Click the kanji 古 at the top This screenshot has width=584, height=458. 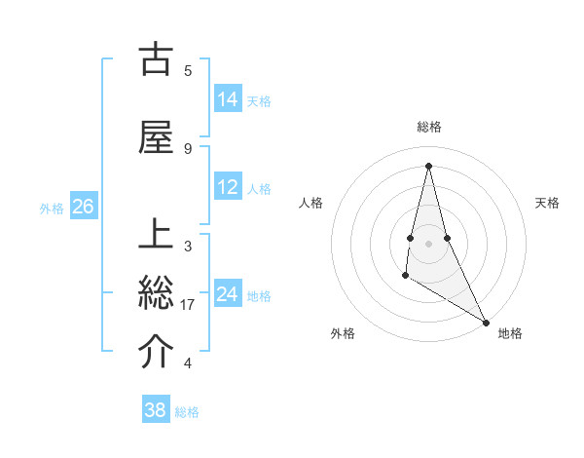[156, 59]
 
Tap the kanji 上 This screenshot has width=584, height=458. [156, 236]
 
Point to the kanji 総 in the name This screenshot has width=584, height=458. [156, 293]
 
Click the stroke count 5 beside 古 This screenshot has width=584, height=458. [187, 70]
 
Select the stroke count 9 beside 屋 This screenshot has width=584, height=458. [187, 148]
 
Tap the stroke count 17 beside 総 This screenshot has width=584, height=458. [189, 305]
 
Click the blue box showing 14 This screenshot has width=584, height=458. [228, 98]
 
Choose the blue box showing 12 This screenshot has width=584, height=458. [228, 187]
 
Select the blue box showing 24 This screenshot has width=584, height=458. [228, 293]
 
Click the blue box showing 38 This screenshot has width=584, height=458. [156, 410]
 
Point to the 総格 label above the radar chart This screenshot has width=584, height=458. [429, 127]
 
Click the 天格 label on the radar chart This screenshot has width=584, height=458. [548, 203]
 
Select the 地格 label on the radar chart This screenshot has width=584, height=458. [510, 333]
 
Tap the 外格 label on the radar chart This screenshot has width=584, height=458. [343, 333]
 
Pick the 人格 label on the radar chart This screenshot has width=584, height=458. [311, 203]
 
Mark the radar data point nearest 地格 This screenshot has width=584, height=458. [487, 323]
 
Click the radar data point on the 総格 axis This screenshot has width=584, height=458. [428, 166]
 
